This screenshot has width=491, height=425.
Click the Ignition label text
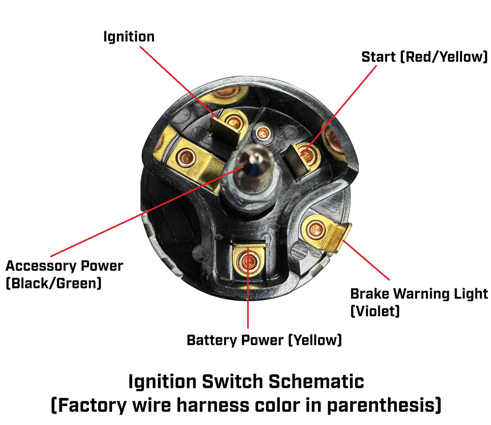129,37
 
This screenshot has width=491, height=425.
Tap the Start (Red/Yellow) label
424,57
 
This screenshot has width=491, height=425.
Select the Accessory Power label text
64,266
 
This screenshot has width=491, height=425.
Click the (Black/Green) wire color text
54,283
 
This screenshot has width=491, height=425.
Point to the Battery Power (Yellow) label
264,340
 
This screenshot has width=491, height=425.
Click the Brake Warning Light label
419,294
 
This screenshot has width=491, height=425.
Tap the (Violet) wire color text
375,311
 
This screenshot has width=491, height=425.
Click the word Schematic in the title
316,382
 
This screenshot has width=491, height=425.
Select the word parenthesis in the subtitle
384,405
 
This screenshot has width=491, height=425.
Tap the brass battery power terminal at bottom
248,262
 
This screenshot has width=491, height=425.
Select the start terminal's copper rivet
308,156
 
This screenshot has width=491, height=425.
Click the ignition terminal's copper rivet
233,121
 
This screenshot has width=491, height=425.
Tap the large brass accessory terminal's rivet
186,158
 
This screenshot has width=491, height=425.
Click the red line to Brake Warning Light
367,260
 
